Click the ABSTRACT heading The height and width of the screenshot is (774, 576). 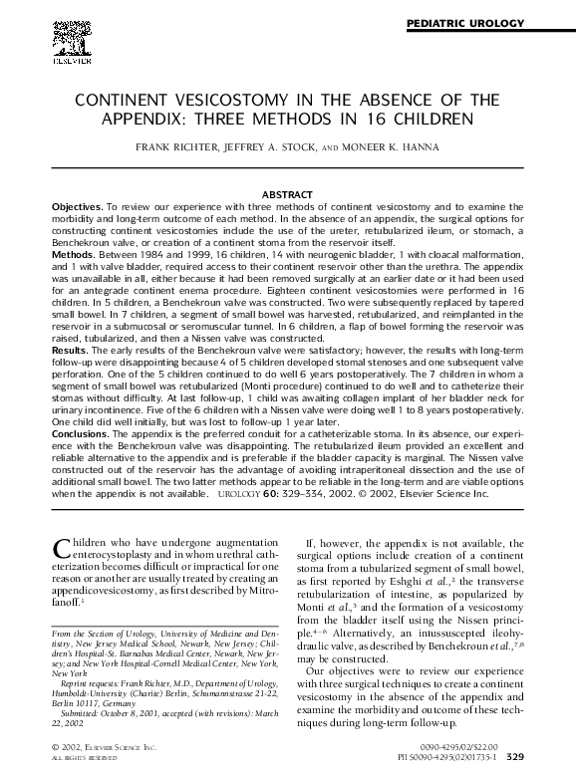click(287, 193)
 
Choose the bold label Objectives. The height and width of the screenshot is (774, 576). click(77, 204)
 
